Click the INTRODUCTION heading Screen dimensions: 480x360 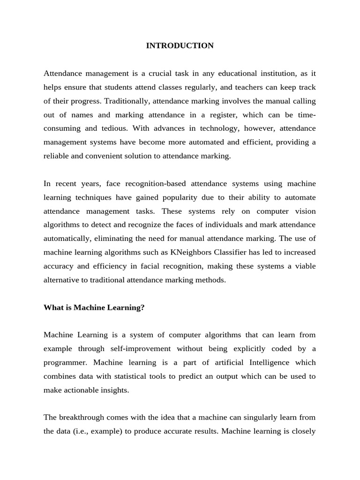tap(180, 45)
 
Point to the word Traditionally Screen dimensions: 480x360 tap(125, 101)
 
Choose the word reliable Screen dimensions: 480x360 tap(56, 156)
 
